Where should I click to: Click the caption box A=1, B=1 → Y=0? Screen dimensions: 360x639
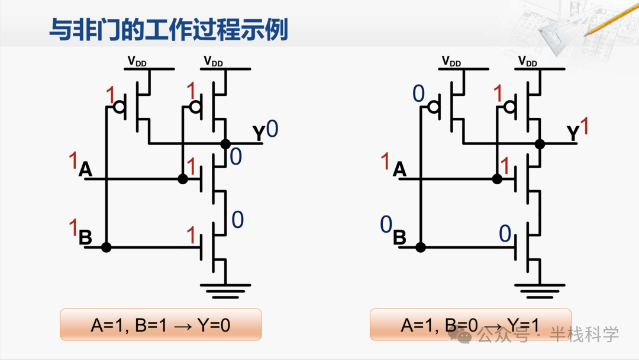160,324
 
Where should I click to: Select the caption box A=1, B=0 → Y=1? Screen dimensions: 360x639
470,324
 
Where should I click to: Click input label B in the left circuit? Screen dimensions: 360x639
85,238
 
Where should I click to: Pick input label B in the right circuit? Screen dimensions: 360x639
400,238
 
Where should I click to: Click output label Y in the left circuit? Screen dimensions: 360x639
259,134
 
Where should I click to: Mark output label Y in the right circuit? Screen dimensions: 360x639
573,134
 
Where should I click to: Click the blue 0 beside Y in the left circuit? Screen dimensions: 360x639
272,128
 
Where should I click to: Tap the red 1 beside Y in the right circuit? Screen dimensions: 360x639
585,127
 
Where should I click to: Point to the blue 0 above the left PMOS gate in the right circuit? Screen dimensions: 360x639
418,94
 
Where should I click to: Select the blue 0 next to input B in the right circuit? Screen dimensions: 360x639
386,224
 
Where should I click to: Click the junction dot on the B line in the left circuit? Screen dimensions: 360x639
106,247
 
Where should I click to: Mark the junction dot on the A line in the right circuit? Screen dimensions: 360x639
497,179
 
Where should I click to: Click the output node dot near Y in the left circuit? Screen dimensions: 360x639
225,143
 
